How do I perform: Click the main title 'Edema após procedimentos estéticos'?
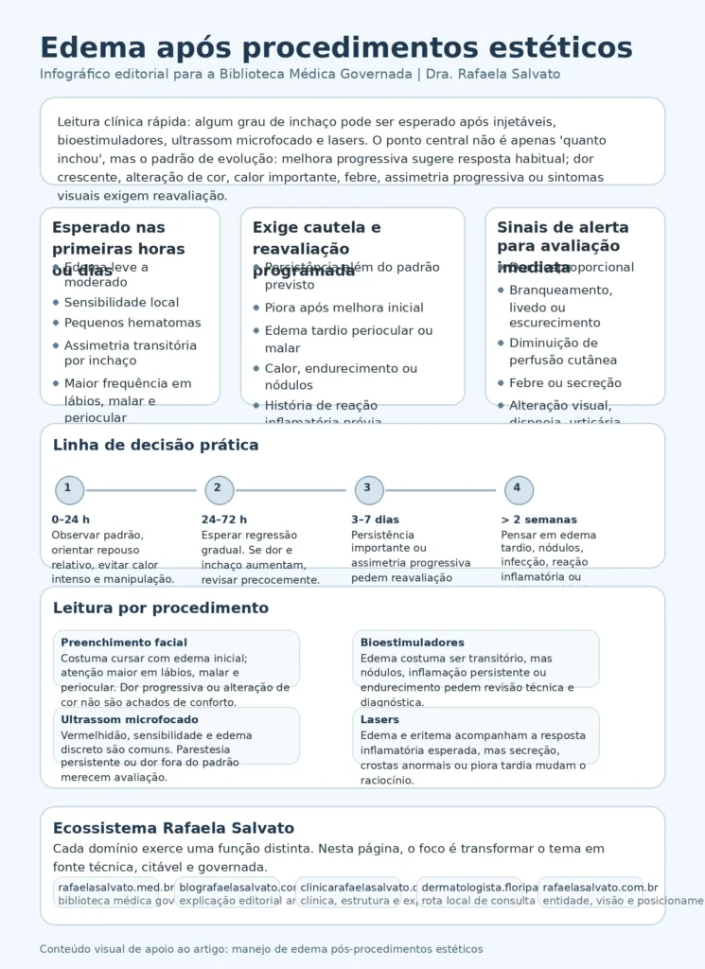point(336,47)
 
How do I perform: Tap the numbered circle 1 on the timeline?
point(69,489)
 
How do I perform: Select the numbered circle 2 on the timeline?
point(219,489)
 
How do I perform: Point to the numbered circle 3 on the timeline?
point(368,489)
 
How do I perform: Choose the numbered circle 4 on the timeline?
point(519,489)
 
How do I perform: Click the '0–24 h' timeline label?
point(70,520)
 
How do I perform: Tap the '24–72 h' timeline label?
point(223,520)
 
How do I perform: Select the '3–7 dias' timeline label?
point(375,520)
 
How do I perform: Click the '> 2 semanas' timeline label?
point(538,520)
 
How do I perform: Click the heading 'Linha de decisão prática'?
point(155,446)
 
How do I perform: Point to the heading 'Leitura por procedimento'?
point(161,608)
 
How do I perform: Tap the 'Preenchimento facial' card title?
point(124,643)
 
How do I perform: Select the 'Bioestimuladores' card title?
point(412,643)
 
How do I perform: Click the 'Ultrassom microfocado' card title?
point(130,720)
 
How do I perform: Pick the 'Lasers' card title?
point(379,720)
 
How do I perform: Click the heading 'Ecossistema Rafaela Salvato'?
point(173,828)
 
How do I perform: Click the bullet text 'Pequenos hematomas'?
point(132,323)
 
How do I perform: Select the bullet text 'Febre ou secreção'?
point(565,383)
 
